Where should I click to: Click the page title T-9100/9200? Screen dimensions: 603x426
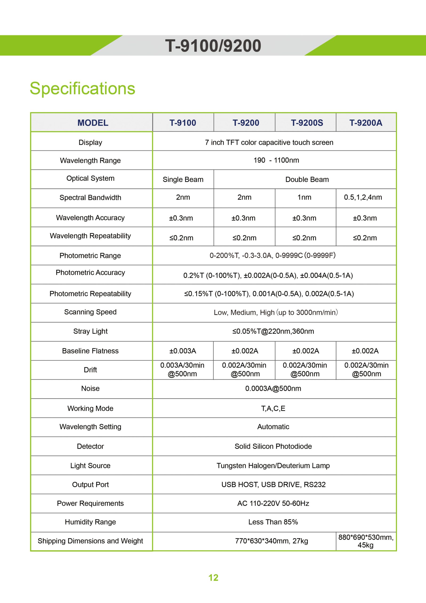(x=213, y=46)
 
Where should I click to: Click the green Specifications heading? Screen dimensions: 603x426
(x=82, y=88)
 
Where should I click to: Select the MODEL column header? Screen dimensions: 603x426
(x=93, y=123)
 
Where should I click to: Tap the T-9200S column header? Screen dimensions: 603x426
(x=307, y=123)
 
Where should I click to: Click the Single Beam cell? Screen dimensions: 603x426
(x=183, y=179)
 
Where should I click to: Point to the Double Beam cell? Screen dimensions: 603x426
(x=307, y=179)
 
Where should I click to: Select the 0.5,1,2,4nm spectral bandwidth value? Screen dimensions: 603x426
(x=363, y=197)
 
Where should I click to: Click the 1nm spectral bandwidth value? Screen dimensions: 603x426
(x=304, y=197)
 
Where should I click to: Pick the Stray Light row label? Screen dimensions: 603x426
(x=90, y=331)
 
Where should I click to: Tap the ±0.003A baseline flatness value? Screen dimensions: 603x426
(x=183, y=351)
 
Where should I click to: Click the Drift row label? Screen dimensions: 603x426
(x=90, y=370)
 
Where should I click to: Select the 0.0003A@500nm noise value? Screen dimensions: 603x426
(x=273, y=388)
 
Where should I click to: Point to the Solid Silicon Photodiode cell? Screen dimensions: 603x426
(x=273, y=446)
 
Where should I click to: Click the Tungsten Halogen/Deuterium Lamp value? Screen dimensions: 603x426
(x=273, y=466)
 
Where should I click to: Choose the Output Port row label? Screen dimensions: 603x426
(x=90, y=485)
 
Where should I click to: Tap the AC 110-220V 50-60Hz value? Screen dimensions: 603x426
(x=273, y=503)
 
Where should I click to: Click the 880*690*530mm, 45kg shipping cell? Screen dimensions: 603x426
(x=366, y=541)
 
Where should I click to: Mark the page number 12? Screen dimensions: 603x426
(x=213, y=578)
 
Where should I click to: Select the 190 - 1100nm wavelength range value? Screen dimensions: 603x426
(x=276, y=160)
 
